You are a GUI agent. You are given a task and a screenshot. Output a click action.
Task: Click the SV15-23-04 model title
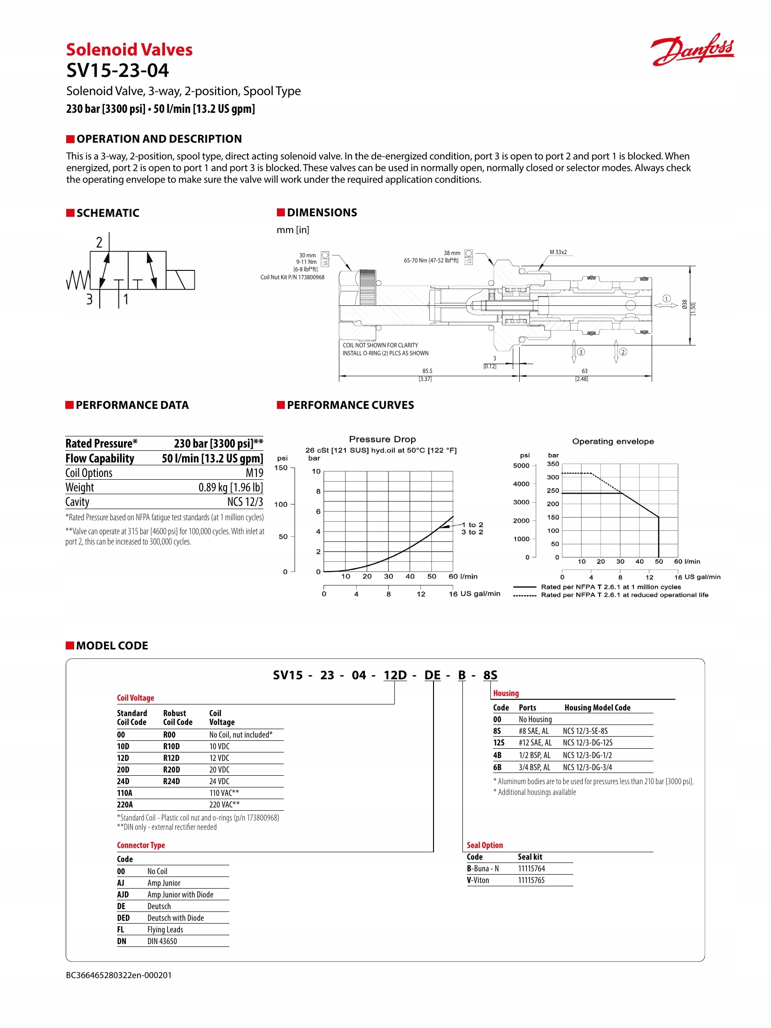[x=117, y=70]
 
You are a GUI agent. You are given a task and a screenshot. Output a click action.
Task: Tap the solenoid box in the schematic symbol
[x=180, y=280]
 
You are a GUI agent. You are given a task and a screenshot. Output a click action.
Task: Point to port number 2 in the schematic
[x=99, y=242]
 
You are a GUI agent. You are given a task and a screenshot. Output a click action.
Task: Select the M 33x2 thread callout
[x=558, y=252]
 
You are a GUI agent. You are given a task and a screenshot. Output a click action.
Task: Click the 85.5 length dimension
[x=427, y=371]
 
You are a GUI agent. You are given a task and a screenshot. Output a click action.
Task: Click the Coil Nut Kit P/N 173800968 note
[x=292, y=277]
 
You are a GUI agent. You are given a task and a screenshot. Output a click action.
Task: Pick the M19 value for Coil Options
[x=254, y=473]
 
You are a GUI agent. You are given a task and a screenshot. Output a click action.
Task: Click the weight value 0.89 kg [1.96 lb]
[x=230, y=487]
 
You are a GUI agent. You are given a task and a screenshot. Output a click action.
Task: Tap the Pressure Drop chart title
[x=382, y=439]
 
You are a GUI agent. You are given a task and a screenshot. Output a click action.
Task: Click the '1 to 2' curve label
[x=473, y=524]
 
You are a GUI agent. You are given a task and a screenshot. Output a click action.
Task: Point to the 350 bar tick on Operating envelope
[x=553, y=464]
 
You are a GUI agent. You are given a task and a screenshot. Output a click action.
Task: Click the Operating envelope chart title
[x=613, y=442]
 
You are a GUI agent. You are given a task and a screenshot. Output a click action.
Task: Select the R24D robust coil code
[x=171, y=781]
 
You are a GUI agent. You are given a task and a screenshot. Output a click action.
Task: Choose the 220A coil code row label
[x=125, y=805]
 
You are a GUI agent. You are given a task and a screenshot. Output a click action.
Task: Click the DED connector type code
[x=123, y=918]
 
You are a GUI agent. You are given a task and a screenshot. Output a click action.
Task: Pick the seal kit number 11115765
[x=531, y=880]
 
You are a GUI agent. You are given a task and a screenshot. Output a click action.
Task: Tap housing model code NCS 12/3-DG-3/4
[x=587, y=767]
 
